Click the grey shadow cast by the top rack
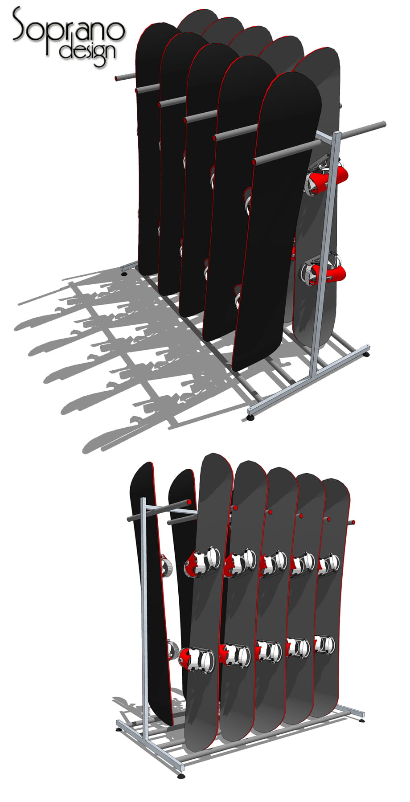pyautogui.click(x=134, y=356)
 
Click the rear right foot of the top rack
pyautogui.click(x=366, y=355)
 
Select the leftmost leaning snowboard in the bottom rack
pyautogui.click(x=151, y=593)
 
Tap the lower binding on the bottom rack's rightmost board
pyautogui.click(x=324, y=643)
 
